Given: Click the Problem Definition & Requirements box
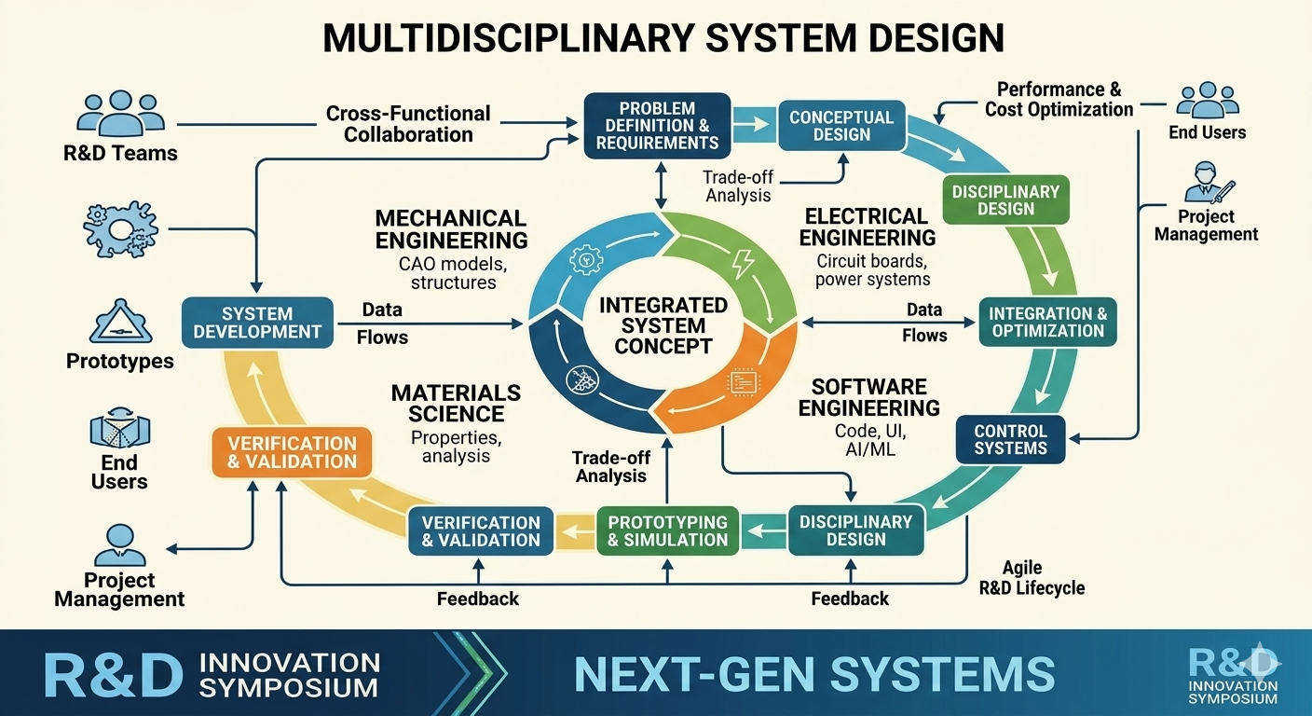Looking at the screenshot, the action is point(657,125).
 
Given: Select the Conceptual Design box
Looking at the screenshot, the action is point(841,125).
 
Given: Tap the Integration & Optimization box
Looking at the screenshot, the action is point(1048,322).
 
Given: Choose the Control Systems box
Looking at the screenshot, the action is point(1010,439).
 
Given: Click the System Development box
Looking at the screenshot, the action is point(257,323).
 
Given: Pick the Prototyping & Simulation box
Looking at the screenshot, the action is point(668,530).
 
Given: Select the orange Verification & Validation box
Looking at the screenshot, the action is point(292,452).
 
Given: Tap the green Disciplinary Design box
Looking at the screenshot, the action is point(1005,200).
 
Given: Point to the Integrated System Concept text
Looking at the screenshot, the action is point(663,325).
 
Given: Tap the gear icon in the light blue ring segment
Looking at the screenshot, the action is point(586,259).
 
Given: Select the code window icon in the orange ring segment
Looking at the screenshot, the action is point(744,382).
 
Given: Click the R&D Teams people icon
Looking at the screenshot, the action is point(120,113).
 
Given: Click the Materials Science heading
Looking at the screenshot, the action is point(456,403).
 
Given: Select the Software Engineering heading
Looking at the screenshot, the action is point(869,397).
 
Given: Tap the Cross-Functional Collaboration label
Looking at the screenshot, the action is point(408,124).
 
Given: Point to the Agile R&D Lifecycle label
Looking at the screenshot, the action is point(1032,578).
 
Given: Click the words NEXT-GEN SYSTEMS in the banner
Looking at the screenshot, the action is point(814,674).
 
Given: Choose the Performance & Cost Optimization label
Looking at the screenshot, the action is point(1059,99).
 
